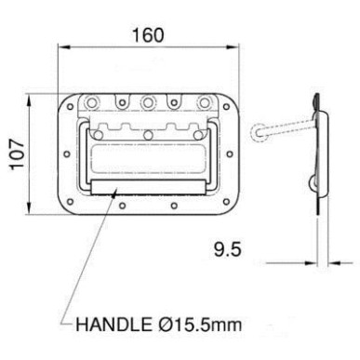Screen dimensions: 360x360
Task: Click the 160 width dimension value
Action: (148, 35)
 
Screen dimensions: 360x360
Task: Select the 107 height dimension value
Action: (17, 154)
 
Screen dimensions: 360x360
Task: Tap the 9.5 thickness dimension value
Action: (227, 249)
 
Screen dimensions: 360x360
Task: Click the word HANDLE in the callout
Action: (113, 325)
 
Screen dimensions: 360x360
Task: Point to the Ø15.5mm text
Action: (198, 325)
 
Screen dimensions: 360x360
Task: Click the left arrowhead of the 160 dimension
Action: (64, 47)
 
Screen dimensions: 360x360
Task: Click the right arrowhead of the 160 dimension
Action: (233, 47)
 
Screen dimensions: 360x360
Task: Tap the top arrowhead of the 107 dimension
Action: (29, 100)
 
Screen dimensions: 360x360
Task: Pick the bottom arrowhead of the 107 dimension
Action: (29, 207)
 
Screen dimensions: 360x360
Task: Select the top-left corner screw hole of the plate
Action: (71, 107)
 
